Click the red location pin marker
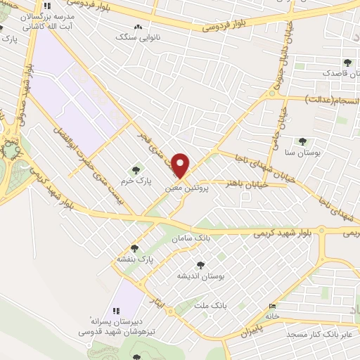182,166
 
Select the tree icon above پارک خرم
136,169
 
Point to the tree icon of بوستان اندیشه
202,265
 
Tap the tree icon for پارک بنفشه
135,248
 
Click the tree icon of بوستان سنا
302,141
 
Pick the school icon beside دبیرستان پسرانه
117,310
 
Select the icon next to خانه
273,305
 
